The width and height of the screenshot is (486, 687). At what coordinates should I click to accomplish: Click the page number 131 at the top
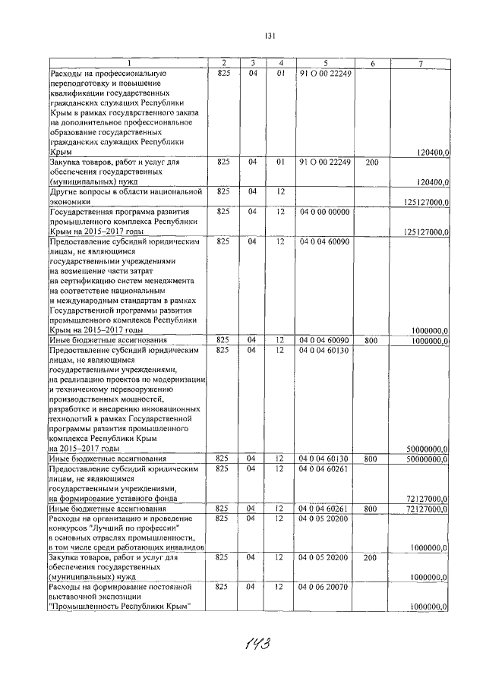coord(269,36)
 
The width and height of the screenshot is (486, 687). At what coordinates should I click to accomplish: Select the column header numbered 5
coord(324,62)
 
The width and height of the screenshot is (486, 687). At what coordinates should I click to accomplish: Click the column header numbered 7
coord(420,62)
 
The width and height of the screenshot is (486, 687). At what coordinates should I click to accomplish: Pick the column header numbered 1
coord(128,62)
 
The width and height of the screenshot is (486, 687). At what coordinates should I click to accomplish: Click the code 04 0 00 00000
coord(324,212)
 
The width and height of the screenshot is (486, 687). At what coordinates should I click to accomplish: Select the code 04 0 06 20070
coord(324,587)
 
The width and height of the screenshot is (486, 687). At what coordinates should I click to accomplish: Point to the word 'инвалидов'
coord(182,547)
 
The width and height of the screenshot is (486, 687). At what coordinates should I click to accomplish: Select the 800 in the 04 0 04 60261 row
coord(371,509)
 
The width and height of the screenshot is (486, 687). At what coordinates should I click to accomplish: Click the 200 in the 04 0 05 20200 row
coord(371,557)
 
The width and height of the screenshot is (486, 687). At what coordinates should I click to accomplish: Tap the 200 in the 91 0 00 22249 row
coord(371,162)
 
